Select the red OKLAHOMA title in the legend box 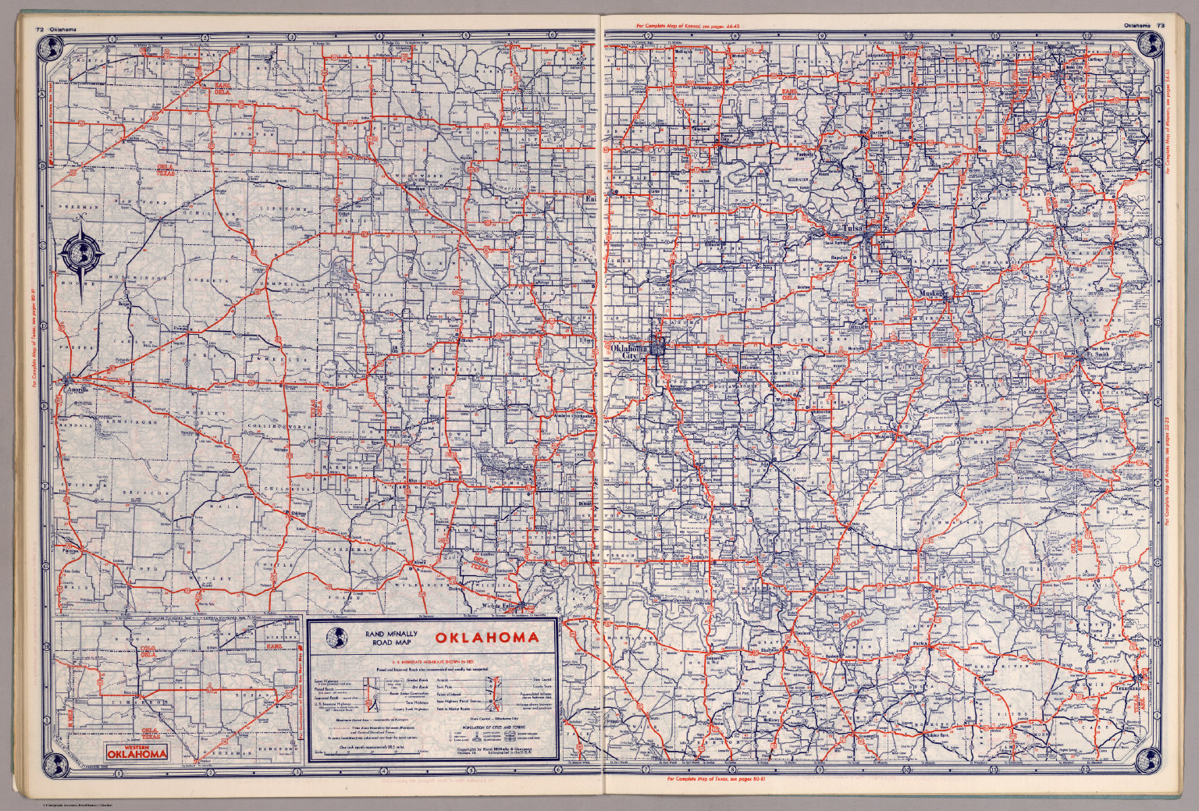tap(486, 638)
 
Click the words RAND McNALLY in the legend tap(386, 633)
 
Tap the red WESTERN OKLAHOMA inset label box tap(137, 751)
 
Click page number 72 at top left tap(38, 30)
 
